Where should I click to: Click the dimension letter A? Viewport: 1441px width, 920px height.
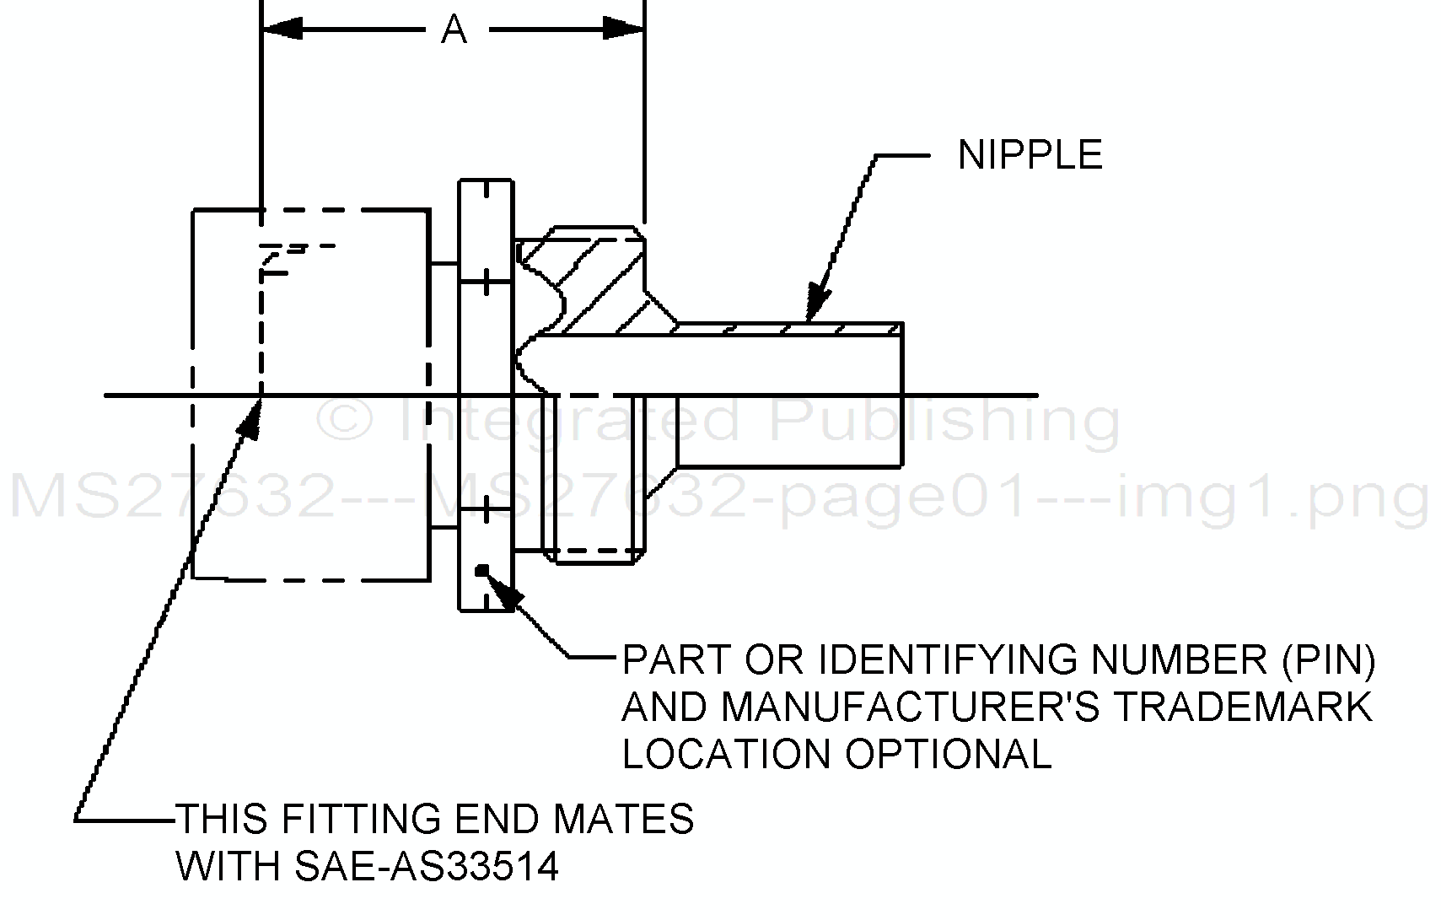(454, 30)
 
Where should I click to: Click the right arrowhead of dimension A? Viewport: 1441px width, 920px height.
(623, 29)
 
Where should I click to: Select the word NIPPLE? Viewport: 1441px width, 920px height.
(1030, 155)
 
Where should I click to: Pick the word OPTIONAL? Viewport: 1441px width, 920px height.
(949, 753)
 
